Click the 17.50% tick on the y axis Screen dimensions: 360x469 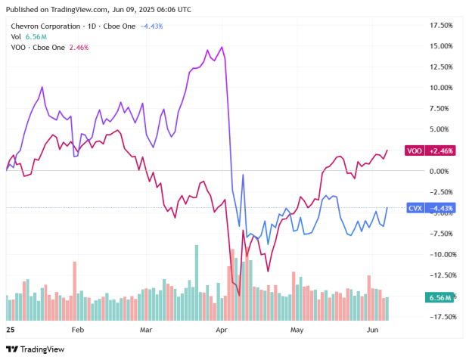pos(440,25)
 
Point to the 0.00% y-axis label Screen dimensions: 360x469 pos(442,171)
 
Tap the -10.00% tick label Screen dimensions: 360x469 pos(439,254)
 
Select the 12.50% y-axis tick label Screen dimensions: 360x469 pos(440,67)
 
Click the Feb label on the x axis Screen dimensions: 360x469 pos(78,331)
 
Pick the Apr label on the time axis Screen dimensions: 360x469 pos(221,331)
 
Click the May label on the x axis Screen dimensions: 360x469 pos(297,331)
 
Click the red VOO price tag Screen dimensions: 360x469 pos(430,151)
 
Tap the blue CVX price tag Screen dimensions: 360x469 pos(430,208)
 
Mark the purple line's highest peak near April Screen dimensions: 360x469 pos(222,47)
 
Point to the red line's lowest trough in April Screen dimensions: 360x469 pos(238,294)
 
